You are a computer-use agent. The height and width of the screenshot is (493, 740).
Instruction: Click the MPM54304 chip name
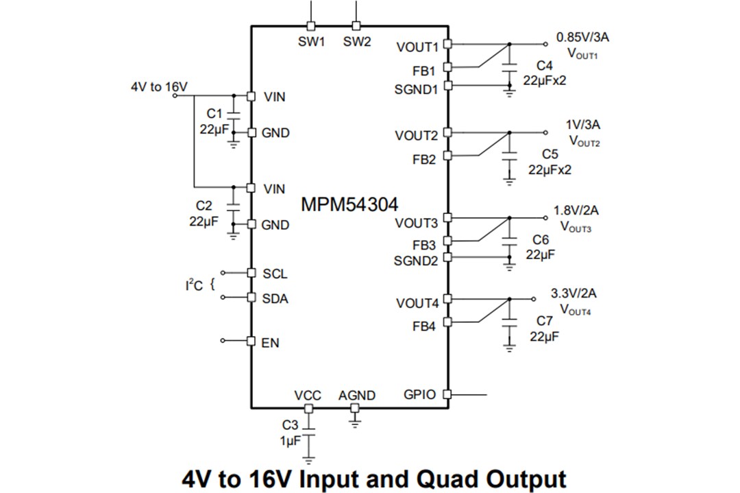tap(349, 204)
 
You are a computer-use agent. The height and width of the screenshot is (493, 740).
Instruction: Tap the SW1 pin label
tap(311, 42)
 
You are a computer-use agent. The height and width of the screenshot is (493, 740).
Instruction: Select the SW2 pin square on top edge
tap(356, 26)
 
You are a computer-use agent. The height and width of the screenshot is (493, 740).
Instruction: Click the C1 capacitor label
tap(214, 112)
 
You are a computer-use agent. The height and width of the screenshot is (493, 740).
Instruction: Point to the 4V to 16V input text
tap(159, 87)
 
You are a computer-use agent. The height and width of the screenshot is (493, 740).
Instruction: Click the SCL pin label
tap(275, 274)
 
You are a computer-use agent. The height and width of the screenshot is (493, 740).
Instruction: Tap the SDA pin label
tap(275, 299)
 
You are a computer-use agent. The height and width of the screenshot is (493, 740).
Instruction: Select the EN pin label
tap(271, 342)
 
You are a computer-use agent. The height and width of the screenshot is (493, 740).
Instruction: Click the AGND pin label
tap(356, 396)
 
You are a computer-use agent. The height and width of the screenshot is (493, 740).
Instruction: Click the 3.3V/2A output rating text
tap(573, 293)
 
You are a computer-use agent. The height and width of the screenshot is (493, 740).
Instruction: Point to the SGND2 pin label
tap(415, 261)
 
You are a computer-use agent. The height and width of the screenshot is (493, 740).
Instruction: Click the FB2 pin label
tap(423, 160)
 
